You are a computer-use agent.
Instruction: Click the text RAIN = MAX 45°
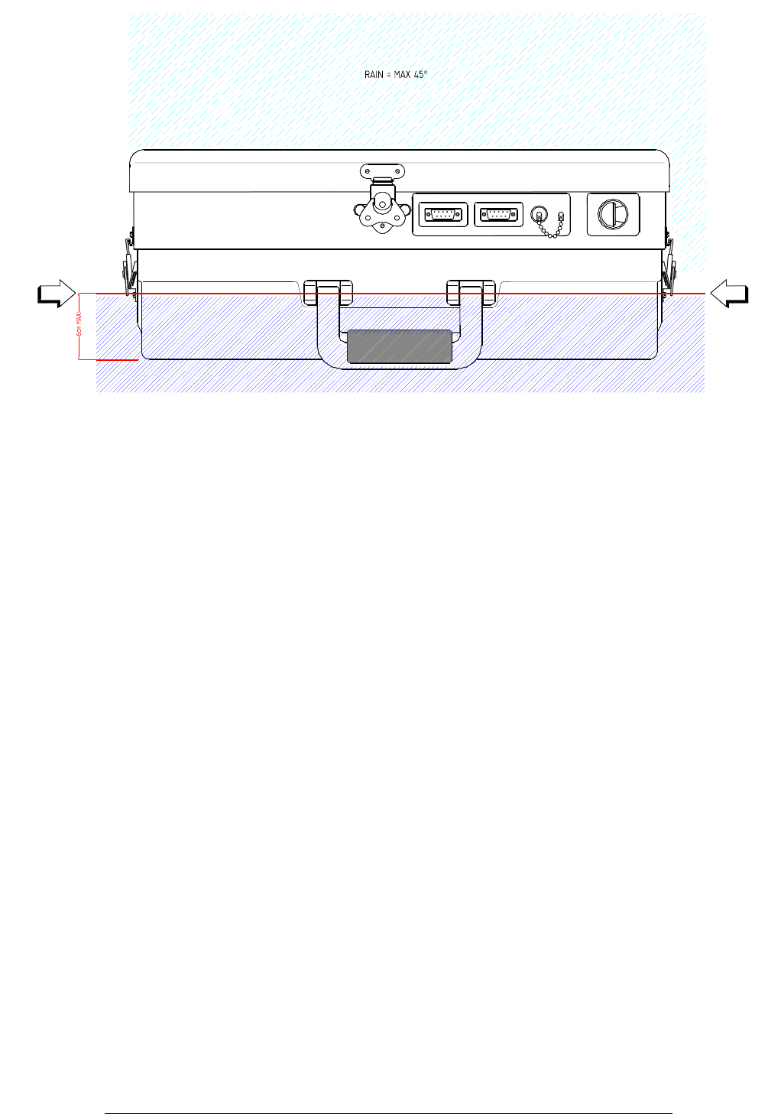[396, 75]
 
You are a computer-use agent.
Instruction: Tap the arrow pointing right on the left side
[57, 294]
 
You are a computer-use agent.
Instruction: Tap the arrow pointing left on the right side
[729, 294]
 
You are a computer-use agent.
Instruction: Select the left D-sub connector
[443, 215]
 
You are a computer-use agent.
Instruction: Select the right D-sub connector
[498, 215]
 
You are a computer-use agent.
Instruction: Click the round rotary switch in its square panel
[613, 214]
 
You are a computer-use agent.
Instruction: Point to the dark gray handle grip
[399, 346]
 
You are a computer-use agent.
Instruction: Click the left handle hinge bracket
[328, 293]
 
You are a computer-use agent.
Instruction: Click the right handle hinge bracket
[471, 293]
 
